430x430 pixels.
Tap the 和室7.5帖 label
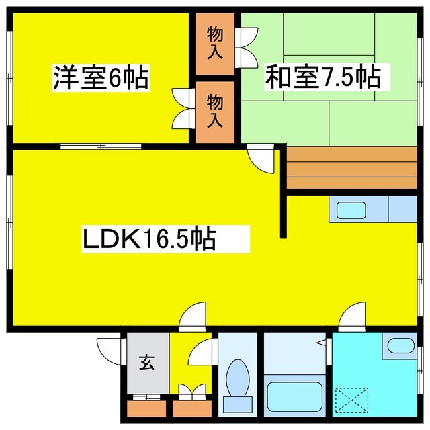(322, 77)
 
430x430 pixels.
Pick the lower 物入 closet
(215, 112)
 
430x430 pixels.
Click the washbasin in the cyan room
(402, 347)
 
